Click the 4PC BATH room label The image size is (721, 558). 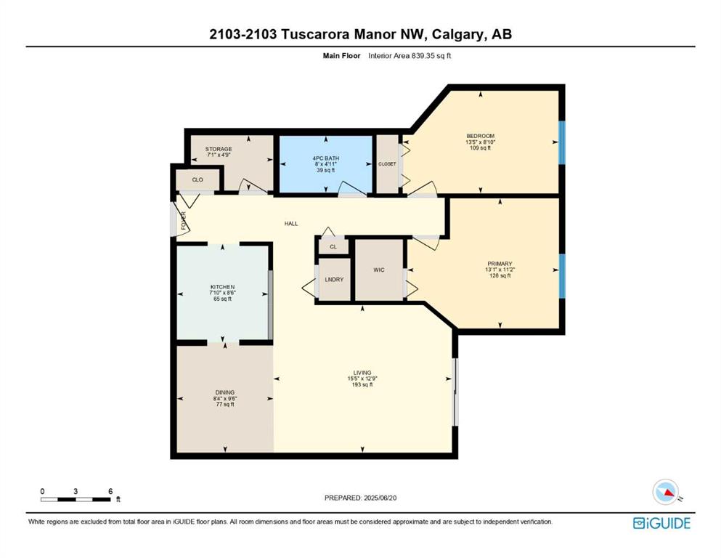(325, 158)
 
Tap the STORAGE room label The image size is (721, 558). (219, 149)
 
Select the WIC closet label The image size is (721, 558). (379, 270)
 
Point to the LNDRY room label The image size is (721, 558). (334, 280)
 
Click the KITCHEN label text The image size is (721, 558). (223, 287)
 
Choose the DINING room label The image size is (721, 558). (225, 393)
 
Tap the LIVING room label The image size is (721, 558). (362, 373)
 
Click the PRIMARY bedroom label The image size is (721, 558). (500, 264)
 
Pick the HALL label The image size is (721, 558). (291, 224)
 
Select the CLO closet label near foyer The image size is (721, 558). (197, 180)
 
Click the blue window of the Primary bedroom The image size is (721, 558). (561, 276)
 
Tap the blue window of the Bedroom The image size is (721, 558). (561, 142)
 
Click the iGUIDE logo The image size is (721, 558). (661, 524)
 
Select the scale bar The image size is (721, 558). (76, 499)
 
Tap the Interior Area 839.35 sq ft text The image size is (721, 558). (410, 56)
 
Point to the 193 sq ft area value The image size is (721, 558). (362, 384)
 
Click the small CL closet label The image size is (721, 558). (333, 247)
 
